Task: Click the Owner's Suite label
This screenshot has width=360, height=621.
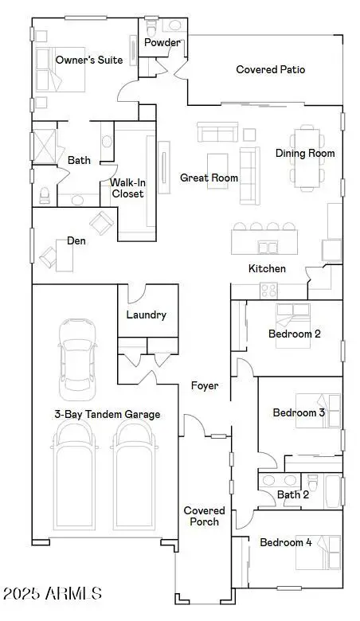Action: tap(89, 60)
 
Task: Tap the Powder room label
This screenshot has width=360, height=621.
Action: tap(162, 42)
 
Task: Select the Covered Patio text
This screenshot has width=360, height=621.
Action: tap(271, 69)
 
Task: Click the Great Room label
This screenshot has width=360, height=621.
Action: tap(209, 178)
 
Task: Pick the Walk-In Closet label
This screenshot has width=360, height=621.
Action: tap(127, 188)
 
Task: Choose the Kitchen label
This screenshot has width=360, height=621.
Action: tap(267, 268)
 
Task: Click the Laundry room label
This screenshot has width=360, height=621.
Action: tap(147, 314)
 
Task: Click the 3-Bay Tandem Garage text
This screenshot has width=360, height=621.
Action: tap(108, 414)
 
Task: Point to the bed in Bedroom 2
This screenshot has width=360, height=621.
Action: tap(295, 312)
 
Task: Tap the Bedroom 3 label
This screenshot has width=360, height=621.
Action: tap(299, 412)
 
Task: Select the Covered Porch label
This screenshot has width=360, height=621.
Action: tap(205, 516)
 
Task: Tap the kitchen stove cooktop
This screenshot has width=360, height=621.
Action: tap(269, 291)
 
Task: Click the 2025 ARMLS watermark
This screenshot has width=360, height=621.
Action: tap(52, 593)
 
